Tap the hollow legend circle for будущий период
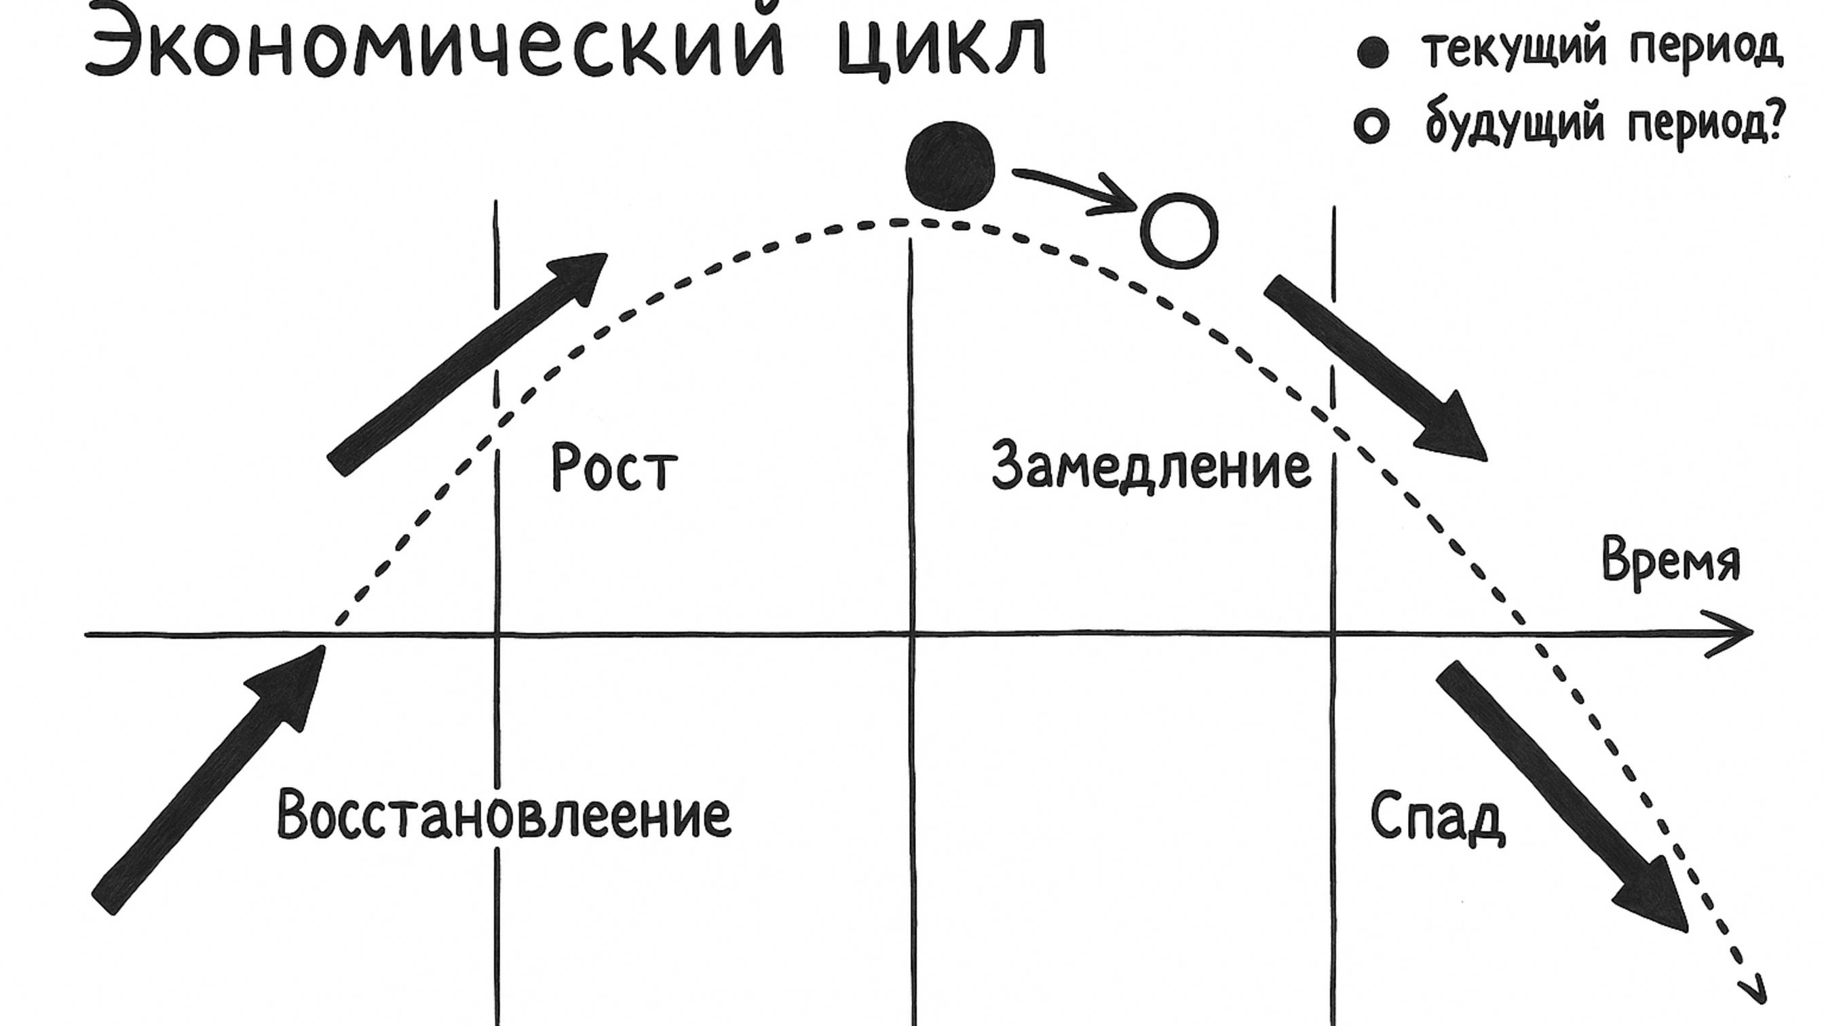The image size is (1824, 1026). point(1371,126)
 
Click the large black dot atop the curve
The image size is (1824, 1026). point(950,166)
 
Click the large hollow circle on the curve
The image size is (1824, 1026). point(1179,231)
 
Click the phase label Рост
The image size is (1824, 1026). point(614,468)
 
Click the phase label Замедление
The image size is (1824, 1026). point(1151,466)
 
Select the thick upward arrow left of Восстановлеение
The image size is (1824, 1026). point(210,779)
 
